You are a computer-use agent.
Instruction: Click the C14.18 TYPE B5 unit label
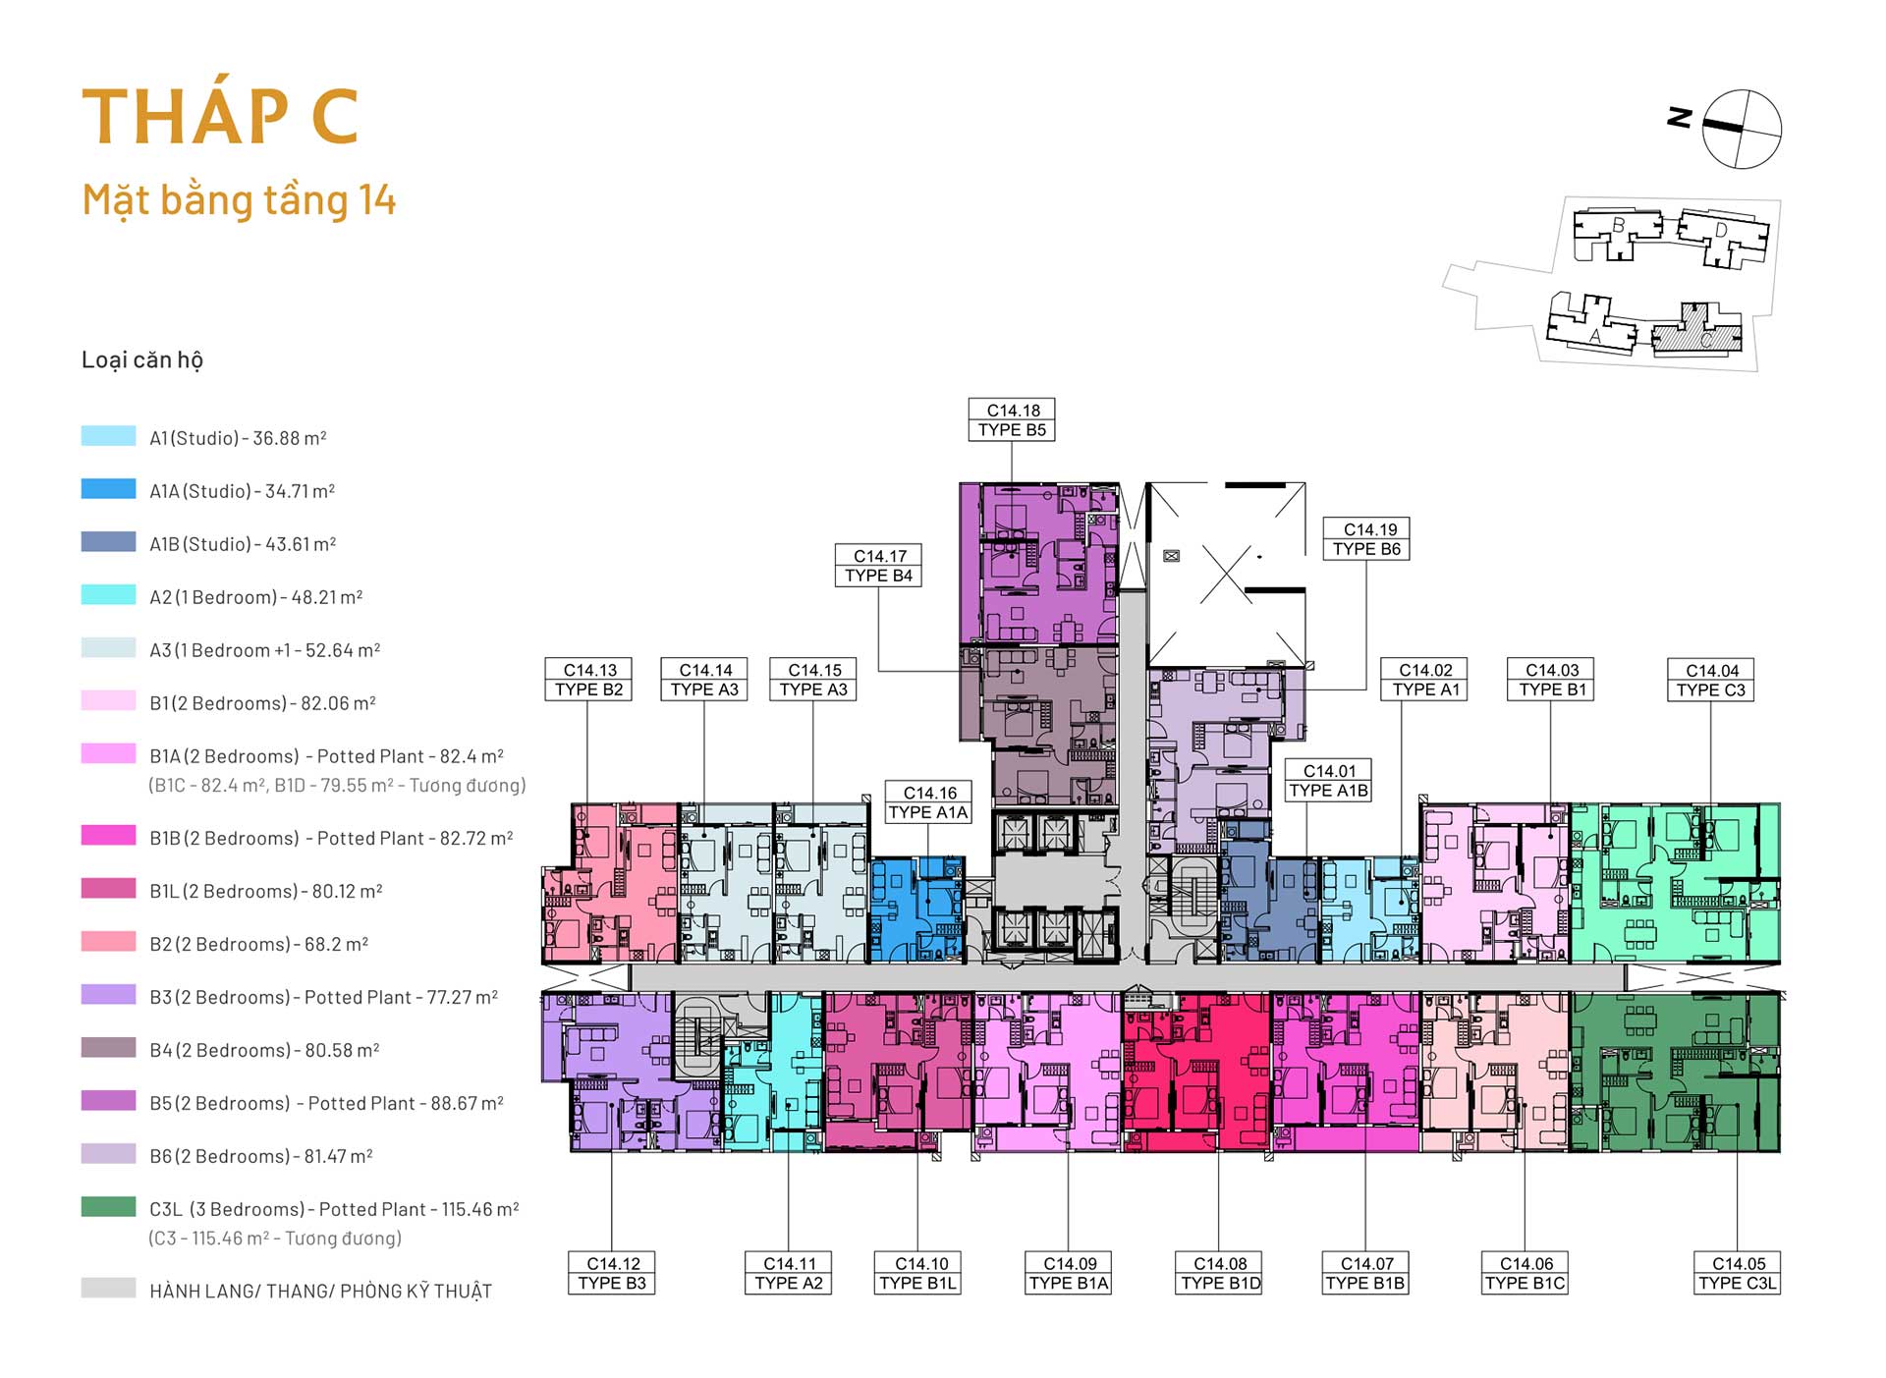1012,419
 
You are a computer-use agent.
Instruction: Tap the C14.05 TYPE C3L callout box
1737,1273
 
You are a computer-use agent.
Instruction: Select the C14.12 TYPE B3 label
612,1273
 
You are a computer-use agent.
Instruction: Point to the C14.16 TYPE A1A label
928,802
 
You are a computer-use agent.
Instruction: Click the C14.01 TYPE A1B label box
1328,781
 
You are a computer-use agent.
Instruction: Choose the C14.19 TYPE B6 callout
1366,539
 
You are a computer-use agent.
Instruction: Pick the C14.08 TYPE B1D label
1220,1273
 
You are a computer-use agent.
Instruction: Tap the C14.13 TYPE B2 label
588,680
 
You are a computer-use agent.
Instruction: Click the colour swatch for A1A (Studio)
108,489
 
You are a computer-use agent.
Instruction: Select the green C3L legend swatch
108,1207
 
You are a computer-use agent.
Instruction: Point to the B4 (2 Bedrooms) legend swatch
108,1048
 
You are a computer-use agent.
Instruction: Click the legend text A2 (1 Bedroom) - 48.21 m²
256,597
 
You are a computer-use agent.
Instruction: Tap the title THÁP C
220,116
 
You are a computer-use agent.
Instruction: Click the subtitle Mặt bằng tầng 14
239,200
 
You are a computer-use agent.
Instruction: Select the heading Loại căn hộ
142,360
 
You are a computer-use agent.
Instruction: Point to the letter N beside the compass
1680,117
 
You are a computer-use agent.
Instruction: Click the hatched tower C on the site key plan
1697,331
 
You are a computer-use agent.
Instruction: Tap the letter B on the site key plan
1618,226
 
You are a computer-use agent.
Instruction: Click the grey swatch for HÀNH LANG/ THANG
108,1288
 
